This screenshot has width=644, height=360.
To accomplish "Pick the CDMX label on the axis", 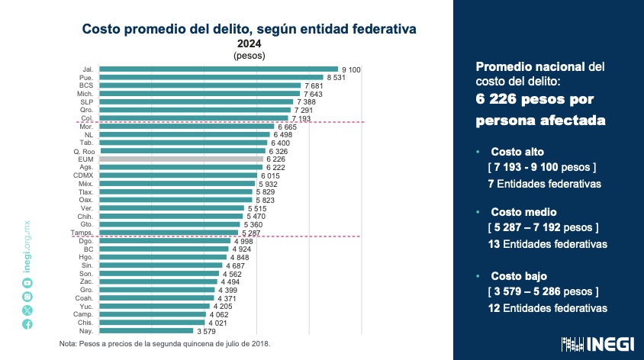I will (84, 175).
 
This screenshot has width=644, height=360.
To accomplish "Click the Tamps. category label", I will (82, 233).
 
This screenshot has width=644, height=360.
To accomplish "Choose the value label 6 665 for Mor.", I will (288, 127).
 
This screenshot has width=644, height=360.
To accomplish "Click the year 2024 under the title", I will (249, 43).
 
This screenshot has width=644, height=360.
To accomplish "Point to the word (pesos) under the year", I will (249, 56).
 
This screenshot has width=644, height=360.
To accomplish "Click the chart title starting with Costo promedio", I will (249, 29).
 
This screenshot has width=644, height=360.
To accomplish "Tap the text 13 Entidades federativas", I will (547, 245).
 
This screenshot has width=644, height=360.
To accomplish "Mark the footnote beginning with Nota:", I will (164, 344).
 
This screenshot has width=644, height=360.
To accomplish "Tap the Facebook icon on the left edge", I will (27, 324).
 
